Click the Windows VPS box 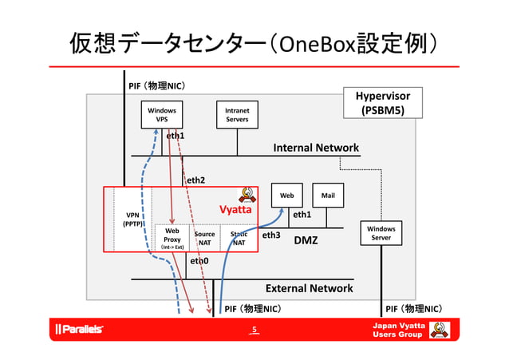(x=161, y=114)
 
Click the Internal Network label (x=316, y=148)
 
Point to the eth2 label (x=195, y=180)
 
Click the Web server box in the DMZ (x=287, y=195)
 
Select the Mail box (x=327, y=195)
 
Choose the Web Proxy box (x=172, y=238)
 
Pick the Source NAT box (x=204, y=238)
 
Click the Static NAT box (x=239, y=238)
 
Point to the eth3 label (x=271, y=235)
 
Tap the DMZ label (x=306, y=239)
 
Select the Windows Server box (x=381, y=233)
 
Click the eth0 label (x=199, y=261)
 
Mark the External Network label (x=309, y=288)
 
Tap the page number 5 (x=254, y=330)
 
